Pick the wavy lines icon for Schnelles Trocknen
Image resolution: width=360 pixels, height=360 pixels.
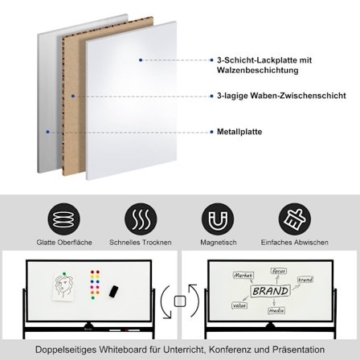(x=139, y=218)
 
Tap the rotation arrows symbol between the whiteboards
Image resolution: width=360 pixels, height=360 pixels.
(x=180, y=301)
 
